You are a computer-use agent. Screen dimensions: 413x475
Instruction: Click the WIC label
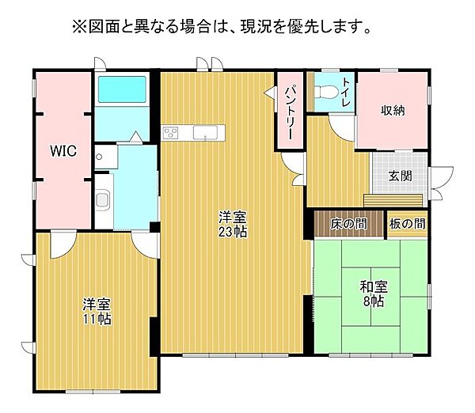tap(64, 151)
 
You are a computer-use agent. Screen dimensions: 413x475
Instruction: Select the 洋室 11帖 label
tap(96, 311)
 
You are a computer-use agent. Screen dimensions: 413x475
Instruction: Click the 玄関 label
tap(400, 176)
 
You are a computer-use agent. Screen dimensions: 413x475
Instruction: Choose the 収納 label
tap(392, 111)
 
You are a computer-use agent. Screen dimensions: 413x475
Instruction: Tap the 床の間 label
tap(348, 225)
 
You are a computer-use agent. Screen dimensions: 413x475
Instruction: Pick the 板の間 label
tap(407, 225)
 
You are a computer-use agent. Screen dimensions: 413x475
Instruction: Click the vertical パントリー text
tap(290, 113)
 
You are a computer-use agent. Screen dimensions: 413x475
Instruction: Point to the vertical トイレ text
tap(346, 94)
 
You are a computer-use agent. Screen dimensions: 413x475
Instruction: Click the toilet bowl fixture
tap(323, 92)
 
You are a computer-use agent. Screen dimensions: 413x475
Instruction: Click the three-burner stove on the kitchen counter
tap(172, 132)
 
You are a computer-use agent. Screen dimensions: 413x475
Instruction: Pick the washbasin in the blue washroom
tap(102, 198)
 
